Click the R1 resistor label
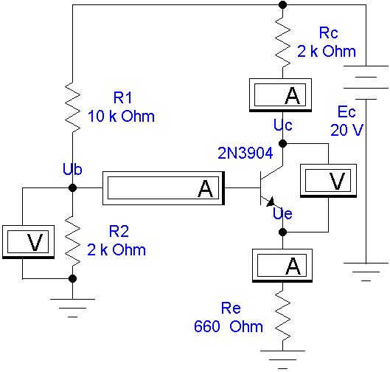click(122, 97)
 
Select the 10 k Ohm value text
click(121, 116)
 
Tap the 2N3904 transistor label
click(246, 153)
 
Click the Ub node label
click(72, 169)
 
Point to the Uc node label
click(283, 125)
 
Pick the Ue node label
click(282, 213)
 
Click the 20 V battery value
click(347, 130)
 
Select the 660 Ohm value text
click(229, 326)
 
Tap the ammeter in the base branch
click(164, 188)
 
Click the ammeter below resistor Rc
click(281, 95)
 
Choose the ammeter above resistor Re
click(282, 266)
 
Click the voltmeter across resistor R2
click(28, 242)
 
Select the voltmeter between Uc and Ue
click(328, 181)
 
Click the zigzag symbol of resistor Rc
click(283, 42)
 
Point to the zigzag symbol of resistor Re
click(283, 316)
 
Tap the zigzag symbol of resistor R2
click(73, 241)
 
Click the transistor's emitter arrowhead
click(271, 201)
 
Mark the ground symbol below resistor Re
click(283, 359)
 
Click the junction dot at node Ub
click(73, 187)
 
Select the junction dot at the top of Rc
click(283, 4)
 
